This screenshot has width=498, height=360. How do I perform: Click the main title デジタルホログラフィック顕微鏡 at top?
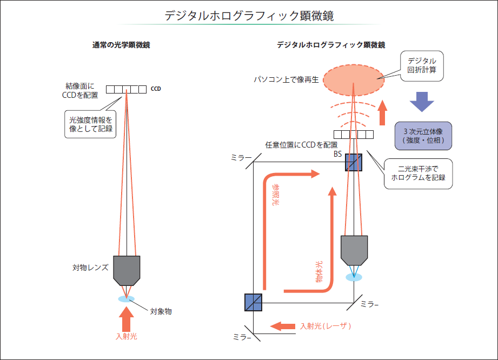tap(249, 16)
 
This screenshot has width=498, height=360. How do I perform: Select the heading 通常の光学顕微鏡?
tap(121, 45)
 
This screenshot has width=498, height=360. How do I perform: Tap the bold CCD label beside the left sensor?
tap(156, 89)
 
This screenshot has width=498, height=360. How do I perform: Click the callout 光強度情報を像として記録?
tap(90, 124)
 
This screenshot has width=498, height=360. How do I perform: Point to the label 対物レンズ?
tap(90, 267)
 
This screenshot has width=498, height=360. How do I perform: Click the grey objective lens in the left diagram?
tap(127, 269)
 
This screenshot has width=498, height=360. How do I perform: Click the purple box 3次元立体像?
tap(423, 135)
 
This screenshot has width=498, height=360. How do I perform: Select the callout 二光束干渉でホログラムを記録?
tap(418, 173)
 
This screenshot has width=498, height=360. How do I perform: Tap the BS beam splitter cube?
tap(353, 162)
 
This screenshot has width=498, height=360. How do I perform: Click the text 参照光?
tap(276, 195)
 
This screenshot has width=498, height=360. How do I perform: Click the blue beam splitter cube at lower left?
tap(253, 302)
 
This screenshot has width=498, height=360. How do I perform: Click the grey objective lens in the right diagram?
tap(354, 250)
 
